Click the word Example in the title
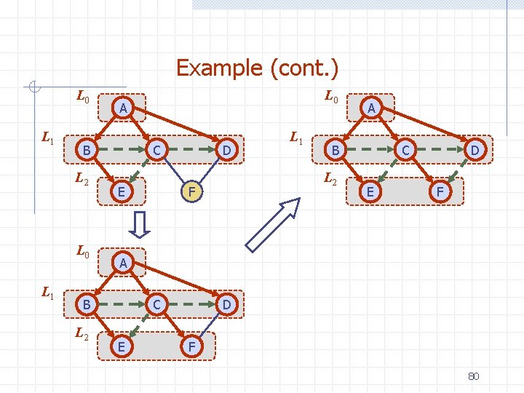(220, 68)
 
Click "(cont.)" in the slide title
(304, 68)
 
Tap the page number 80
(473, 376)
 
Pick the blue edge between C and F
(172, 172)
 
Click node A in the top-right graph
(371, 108)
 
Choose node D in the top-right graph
(475, 150)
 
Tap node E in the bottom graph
(121, 347)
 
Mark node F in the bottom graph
(191, 347)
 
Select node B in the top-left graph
(86, 150)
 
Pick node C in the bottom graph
(156, 304)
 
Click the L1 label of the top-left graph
(48, 136)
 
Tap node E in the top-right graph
(370, 192)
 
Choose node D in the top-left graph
(227, 150)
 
